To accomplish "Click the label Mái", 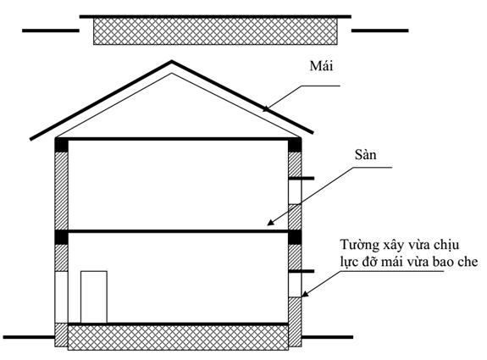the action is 321,66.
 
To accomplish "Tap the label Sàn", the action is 365,154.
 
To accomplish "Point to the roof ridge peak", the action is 171,61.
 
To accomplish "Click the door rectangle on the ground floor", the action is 94,297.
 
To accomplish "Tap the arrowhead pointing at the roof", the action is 266,108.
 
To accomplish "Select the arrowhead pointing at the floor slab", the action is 270,222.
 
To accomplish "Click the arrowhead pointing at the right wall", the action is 305,294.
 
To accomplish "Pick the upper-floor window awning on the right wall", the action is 302,178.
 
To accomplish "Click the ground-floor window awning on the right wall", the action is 302,271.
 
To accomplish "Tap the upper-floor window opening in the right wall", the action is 295,192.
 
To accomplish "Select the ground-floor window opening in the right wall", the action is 295,285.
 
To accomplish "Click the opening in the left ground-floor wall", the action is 61,297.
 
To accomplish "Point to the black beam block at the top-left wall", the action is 62,145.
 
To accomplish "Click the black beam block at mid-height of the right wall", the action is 295,237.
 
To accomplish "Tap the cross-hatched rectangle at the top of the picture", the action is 215,31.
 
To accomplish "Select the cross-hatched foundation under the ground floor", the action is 178,338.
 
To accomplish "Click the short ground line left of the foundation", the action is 29,337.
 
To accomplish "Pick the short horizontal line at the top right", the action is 379,30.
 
